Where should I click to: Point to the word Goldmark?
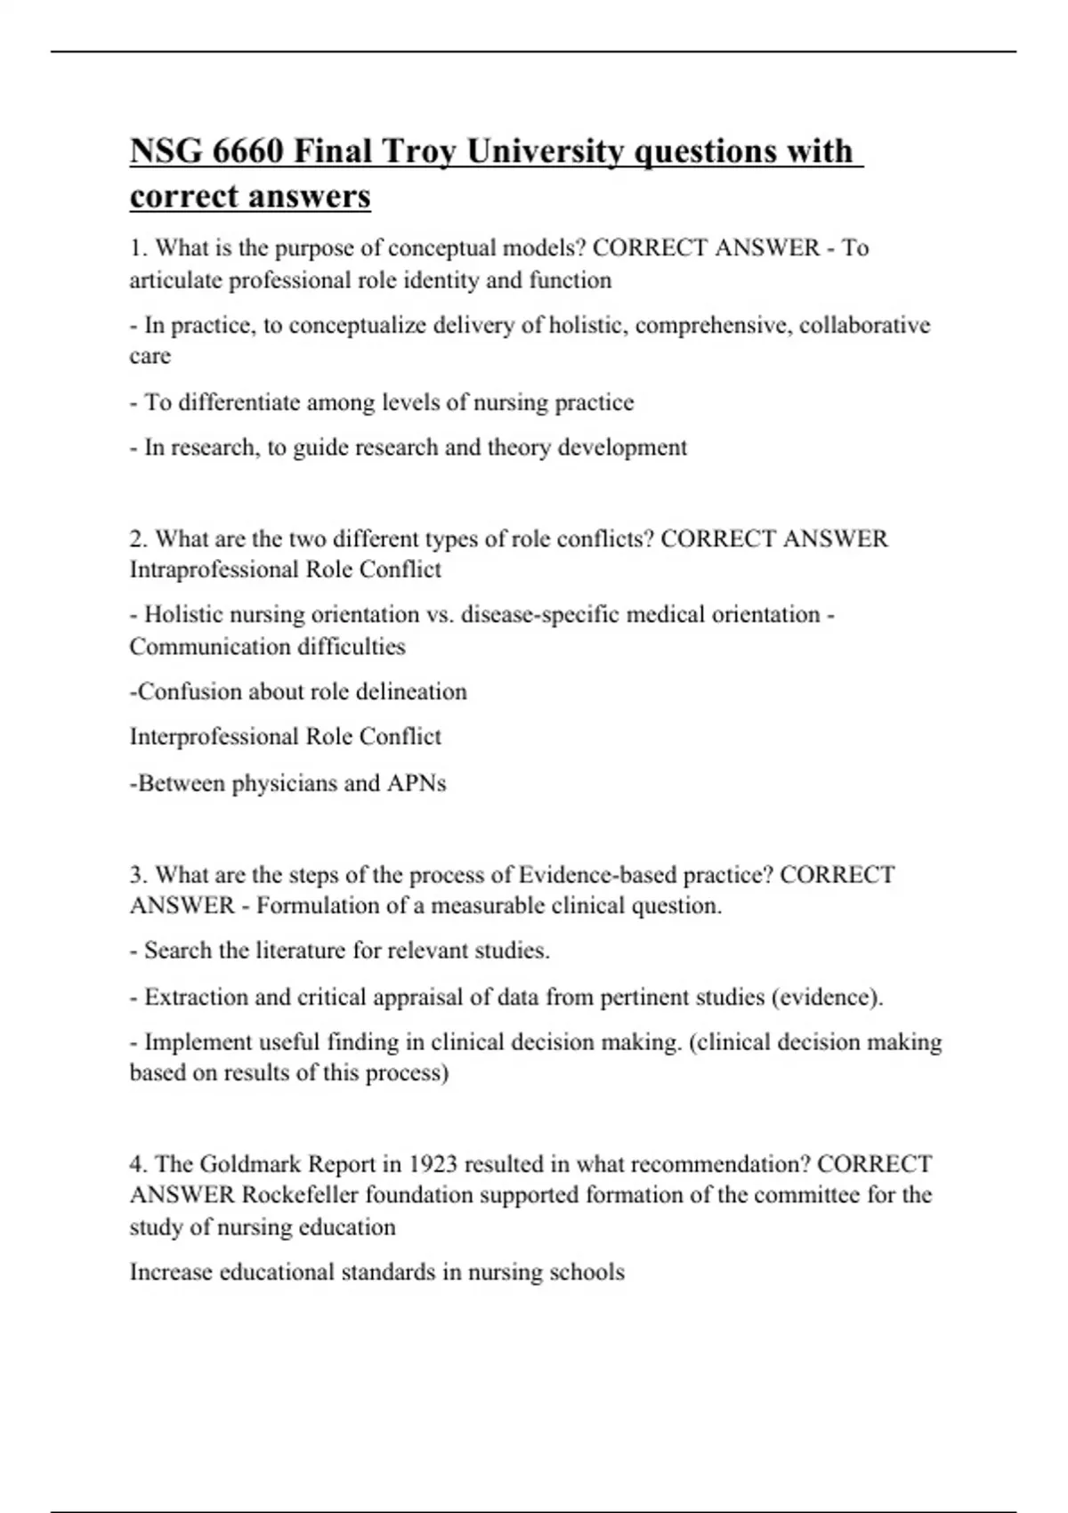pyautogui.click(x=247, y=1163)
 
